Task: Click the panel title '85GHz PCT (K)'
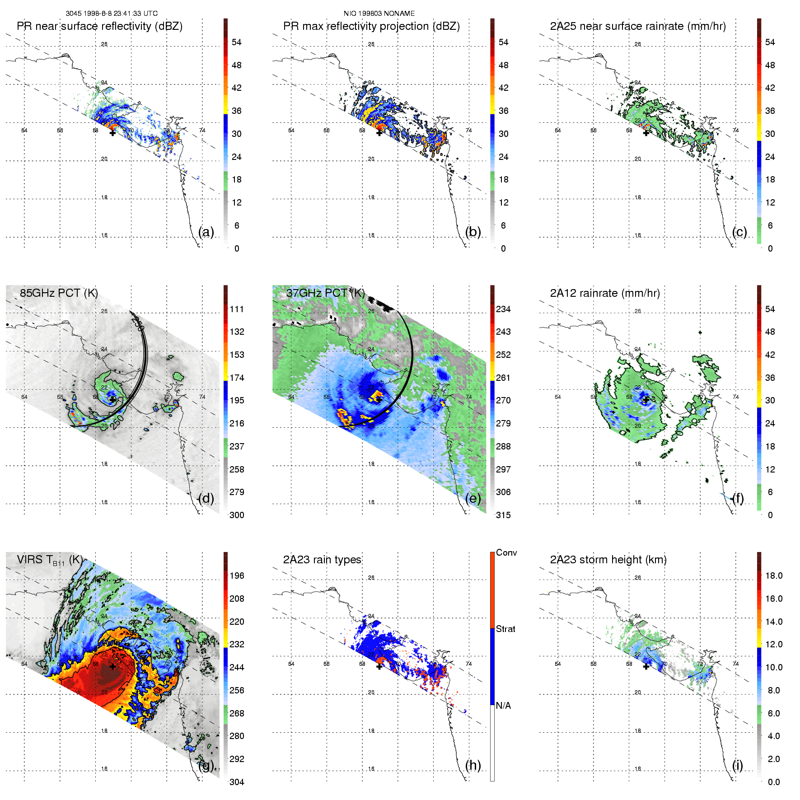pyautogui.click(x=59, y=293)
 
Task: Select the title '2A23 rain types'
pyautogui.click(x=322, y=560)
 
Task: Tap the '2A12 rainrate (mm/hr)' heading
pyautogui.click(x=605, y=293)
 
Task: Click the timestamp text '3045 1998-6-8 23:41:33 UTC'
pyautogui.click(x=112, y=14)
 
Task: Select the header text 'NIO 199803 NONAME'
pyautogui.click(x=379, y=14)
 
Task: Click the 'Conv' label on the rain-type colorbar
pyautogui.click(x=506, y=552)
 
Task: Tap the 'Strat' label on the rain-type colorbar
pyautogui.click(x=505, y=629)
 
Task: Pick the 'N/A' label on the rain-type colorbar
pyautogui.click(x=503, y=706)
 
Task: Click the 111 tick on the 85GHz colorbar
pyautogui.click(x=237, y=309)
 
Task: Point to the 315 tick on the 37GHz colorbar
pyautogui.click(x=503, y=515)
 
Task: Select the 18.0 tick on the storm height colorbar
pyautogui.click(x=773, y=575)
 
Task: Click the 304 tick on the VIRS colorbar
pyautogui.click(x=237, y=782)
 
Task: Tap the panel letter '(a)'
pyautogui.click(x=206, y=232)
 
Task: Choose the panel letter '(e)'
pyautogui.click(x=473, y=498)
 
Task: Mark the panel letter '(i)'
pyautogui.click(x=737, y=765)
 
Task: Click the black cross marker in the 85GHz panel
pyautogui.click(x=112, y=399)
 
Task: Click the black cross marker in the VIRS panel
pyautogui.click(x=112, y=666)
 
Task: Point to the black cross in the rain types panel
pyautogui.click(x=379, y=666)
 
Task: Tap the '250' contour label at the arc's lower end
pyautogui.click(x=117, y=422)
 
